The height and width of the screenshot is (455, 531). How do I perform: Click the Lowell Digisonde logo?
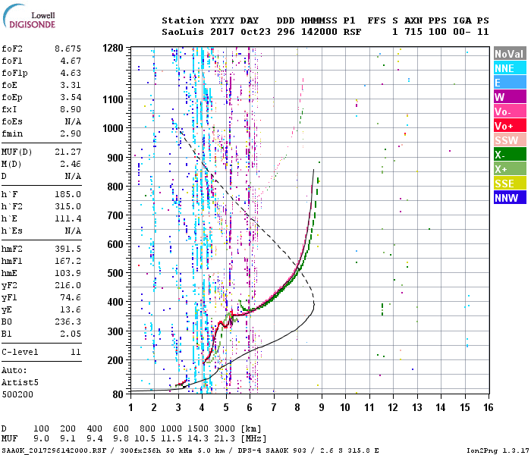(x=29, y=17)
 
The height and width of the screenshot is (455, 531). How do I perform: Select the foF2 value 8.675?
(x=68, y=49)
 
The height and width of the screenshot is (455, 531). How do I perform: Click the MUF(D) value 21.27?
(x=68, y=152)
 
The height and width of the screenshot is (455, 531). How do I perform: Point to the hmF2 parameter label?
(x=12, y=249)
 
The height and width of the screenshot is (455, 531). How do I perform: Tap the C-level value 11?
(x=76, y=352)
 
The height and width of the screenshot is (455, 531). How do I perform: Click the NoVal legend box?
(x=510, y=54)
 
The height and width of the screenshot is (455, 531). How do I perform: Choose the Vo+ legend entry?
(x=510, y=126)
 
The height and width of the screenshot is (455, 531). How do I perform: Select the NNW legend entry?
(x=510, y=198)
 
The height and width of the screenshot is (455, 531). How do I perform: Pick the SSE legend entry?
(x=510, y=184)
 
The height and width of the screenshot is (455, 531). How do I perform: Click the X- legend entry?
(x=510, y=155)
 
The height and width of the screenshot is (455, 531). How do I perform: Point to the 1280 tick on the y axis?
(x=113, y=48)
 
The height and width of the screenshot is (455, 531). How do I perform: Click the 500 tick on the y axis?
(x=115, y=273)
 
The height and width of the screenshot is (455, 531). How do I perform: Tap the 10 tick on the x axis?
(x=345, y=407)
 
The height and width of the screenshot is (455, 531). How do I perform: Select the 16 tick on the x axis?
(x=489, y=407)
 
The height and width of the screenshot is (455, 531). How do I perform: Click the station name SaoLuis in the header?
(x=183, y=32)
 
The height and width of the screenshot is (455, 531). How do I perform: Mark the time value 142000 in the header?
(x=319, y=32)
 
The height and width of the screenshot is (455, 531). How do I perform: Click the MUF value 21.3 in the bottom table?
(x=225, y=438)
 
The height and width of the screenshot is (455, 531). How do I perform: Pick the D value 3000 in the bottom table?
(x=225, y=428)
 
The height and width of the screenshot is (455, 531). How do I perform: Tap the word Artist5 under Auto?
(x=20, y=382)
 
